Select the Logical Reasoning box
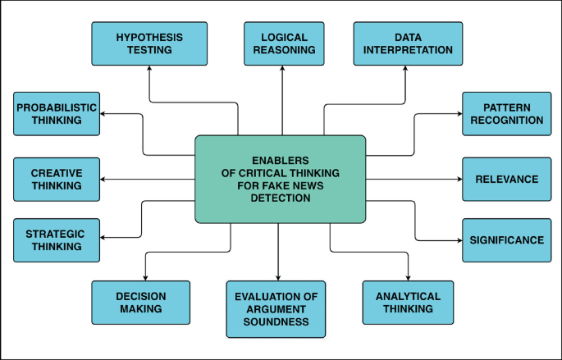tap(282, 43)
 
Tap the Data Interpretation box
tap(402, 43)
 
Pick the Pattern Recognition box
tap(506, 114)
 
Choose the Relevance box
tap(506, 179)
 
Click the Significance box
tap(506, 240)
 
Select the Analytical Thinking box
tap(408, 303)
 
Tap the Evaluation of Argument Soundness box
tap(276, 309)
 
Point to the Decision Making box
tap(140, 303)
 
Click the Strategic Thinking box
tap(57, 239)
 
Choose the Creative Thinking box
tap(57, 179)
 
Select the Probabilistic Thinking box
tap(57, 114)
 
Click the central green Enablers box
tap(280, 179)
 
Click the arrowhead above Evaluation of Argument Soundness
tap(279, 276)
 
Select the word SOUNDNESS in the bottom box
tap(276, 322)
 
